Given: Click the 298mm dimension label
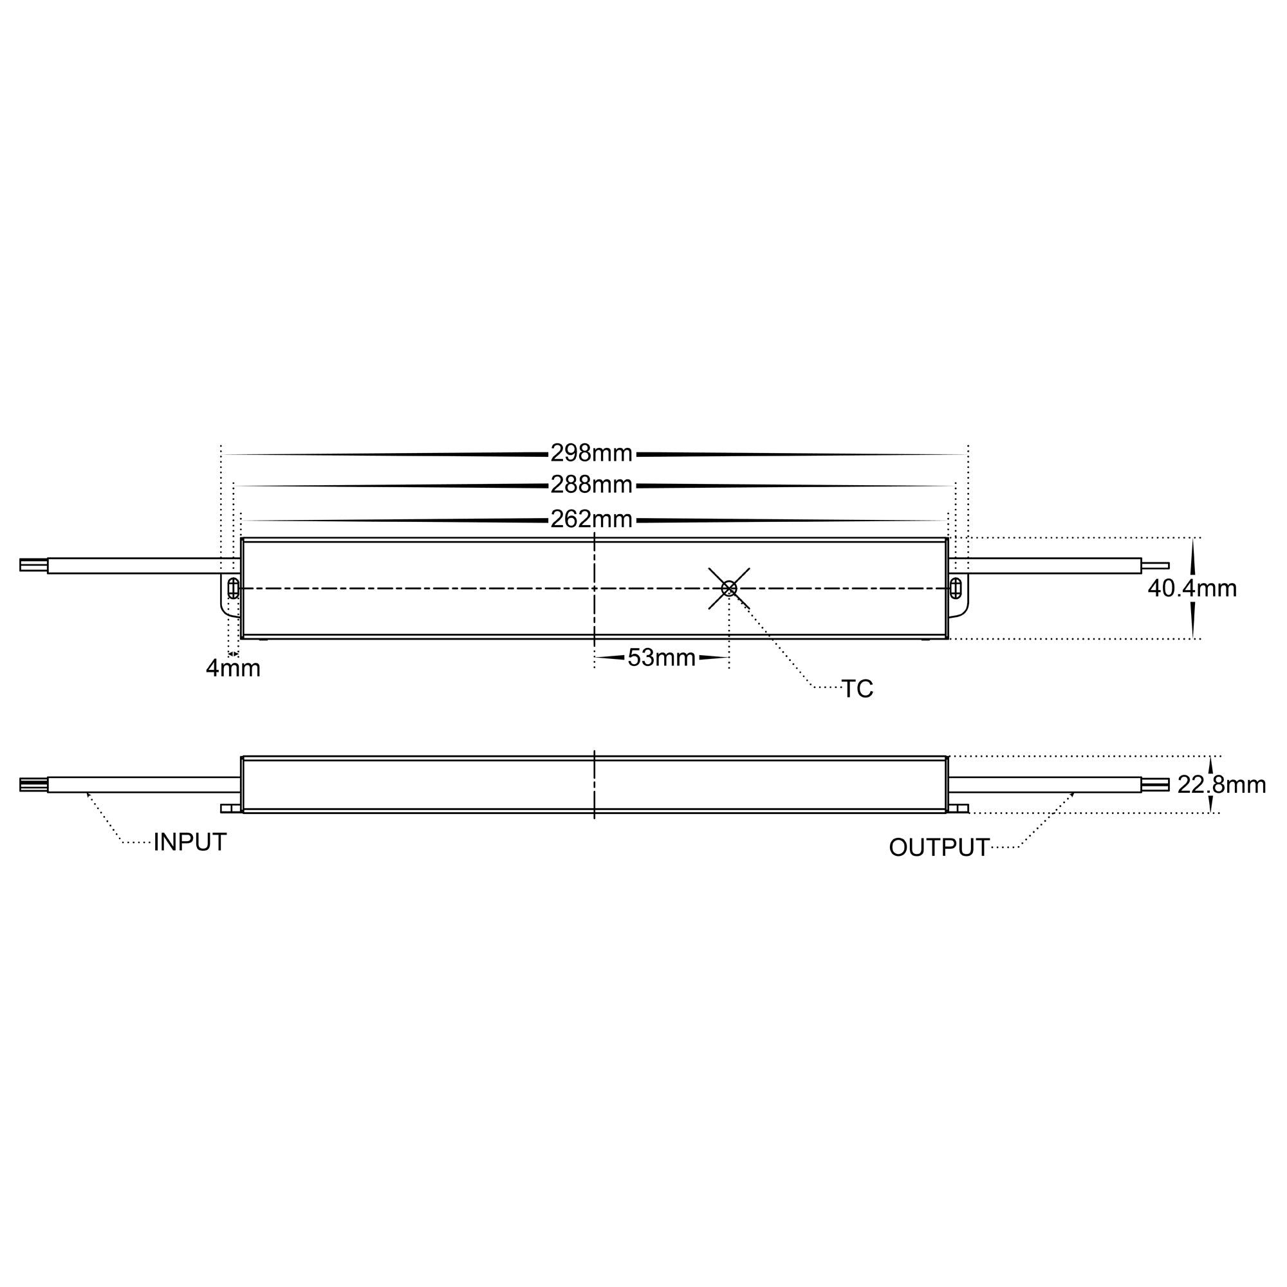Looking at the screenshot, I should pyautogui.click(x=591, y=454).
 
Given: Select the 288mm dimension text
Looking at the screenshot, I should pyautogui.click(x=591, y=485).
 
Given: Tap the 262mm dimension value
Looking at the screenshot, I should pyautogui.click(x=591, y=519).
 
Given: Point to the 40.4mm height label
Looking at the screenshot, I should pyautogui.click(x=1192, y=589).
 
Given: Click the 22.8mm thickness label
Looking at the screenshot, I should pyautogui.click(x=1221, y=785).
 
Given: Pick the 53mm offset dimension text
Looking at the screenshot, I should pyautogui.click(x=662, y=658).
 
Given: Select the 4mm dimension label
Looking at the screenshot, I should pyautogui.click(x=233, y=669).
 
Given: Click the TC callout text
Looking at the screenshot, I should pyautogui.click(x=857, y=689).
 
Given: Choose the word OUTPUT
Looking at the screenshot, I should pyautogui.click(x=939, y=848).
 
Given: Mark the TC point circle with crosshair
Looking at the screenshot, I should pyautogui.click(x=730, y=588).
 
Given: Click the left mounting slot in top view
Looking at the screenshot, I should pyautogui.click(x=233, y=588).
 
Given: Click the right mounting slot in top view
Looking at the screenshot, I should pyautogui.click(x=955, y=588).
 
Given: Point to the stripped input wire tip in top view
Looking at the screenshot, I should pyautogui.click(x=33, y=566).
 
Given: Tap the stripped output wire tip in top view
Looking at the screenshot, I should pyautogui.click(x=1156, y=566).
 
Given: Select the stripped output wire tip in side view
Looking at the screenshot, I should pyautogui.click(x=1156, y=784).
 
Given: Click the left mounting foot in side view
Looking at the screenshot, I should pyautogui.click(x=230, y=809).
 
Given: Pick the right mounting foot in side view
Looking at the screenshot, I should pyautogui.click(x=958, y=809).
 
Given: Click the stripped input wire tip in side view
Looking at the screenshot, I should pyautogui.click(x=33, y=784).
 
